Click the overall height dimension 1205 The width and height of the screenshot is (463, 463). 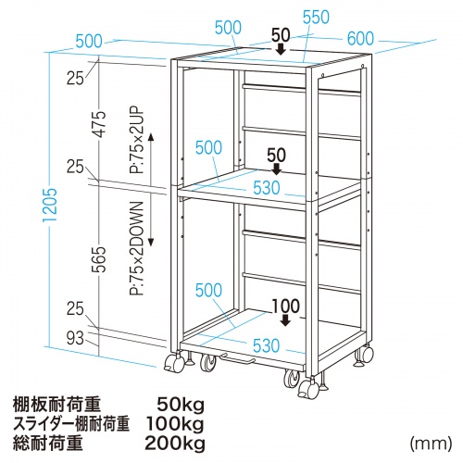(x=51, y=205)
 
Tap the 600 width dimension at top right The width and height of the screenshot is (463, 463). (x=360, y=38)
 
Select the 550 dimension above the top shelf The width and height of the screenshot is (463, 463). (x=316, y=18)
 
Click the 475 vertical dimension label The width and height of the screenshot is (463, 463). (x=100, y=123)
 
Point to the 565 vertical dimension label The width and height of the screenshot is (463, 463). (x=100, y=259)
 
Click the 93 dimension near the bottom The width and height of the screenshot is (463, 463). (x=75, y=339)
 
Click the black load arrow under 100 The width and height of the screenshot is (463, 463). (x=286, y=320)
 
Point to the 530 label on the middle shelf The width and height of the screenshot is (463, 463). (x=267, y=187)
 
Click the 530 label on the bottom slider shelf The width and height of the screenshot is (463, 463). (x=266, y=345)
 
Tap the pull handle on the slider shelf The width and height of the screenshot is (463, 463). (x=238, y=358)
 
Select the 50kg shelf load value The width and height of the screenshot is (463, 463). (x=181, y=405)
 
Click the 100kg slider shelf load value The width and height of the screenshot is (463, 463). (x=175, y=424)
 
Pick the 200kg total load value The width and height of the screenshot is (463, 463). (x=175, y=444)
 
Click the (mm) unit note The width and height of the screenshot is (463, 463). (x=431, y=444)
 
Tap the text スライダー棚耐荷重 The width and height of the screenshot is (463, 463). (x=70, y=424)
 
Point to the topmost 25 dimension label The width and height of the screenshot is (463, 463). (x=75, y=78)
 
